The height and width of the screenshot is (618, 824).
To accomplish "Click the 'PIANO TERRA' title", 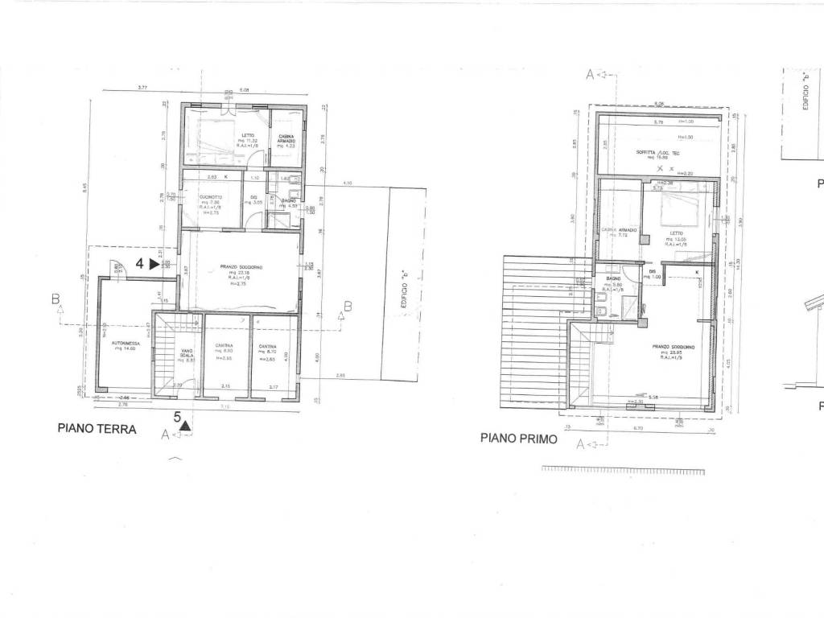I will click(97, 429).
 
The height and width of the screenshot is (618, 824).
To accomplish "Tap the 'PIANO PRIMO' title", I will click(514, 439).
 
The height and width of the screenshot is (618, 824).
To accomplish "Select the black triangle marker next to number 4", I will click(154, 263).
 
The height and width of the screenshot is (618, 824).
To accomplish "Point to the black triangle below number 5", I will click(185, 426).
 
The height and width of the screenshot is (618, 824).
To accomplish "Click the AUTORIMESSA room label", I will click(126, 344).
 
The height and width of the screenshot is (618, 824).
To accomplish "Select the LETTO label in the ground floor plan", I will click(248, 135).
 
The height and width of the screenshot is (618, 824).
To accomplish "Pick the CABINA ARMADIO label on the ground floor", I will click(286, 138).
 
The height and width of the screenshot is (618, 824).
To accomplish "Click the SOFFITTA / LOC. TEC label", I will click(658, 154).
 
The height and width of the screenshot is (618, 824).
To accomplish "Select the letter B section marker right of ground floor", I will click(348, 306).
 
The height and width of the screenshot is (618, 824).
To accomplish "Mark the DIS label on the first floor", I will click(653, 272).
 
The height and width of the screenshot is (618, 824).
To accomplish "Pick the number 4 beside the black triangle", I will click(139, 263).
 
